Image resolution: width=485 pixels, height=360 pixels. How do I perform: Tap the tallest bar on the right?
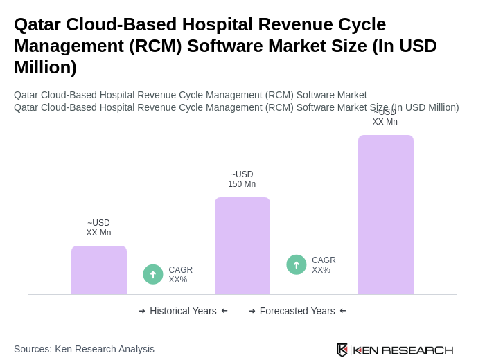(386, 215)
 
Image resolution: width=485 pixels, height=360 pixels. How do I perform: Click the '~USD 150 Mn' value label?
(242, 179)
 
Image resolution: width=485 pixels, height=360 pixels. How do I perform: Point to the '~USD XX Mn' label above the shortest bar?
(98, 228)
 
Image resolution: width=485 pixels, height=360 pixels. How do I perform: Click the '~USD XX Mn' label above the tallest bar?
(385, 117)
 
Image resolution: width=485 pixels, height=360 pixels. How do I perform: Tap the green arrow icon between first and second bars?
(153, 274)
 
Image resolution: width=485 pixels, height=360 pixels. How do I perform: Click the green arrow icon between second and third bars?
(297, 264)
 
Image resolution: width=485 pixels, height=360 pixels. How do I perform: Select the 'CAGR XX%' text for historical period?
(180, 275)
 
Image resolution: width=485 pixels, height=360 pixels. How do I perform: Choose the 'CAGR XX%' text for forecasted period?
(324, 265)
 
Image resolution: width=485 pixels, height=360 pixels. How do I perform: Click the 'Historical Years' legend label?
(183, 311)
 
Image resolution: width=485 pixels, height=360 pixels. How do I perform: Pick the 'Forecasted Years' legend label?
(297, 311)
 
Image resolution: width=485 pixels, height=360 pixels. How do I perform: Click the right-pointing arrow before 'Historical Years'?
(142, 311)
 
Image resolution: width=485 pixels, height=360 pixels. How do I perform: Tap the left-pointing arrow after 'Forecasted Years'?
(343, 311)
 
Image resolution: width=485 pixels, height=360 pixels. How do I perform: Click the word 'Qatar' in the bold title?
(39, 24)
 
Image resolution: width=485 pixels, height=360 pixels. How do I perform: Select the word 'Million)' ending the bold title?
(45, 67)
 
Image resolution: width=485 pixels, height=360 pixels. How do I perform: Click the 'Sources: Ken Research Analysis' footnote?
(84, 349)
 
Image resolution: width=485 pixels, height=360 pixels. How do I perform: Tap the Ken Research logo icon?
(342, 350)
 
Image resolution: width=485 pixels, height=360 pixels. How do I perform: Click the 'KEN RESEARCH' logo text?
(403, 350)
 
